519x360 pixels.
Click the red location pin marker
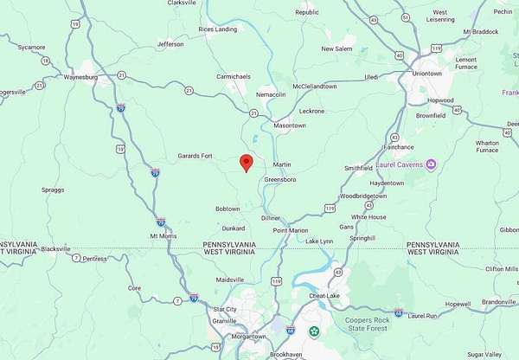pyautogui.click(x=246, y=163)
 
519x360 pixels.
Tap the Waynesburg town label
pyautogui.click(x=80, y=77)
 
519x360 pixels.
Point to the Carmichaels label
pyautogui.click(x=233, y=76)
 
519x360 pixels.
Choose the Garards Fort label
pyautogui.click(x=195, y=156)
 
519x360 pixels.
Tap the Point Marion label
pyautogui.click(x=291, y=230)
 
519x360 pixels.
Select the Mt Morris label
pyautogui.click(x=163, y=235)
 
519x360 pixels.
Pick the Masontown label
pyautogui.click(x=290, y=125)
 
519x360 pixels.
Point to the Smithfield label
pyautogui.click(x=358, y=168)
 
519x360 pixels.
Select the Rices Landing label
pyautogui.click(x=217, y=29)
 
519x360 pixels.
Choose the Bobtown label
pyautogui.click(x=227, y=209)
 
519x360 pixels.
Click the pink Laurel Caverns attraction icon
pyautogui.click(x=431, y=164)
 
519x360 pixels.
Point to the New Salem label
pyautogui.click(x=338, y=49)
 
